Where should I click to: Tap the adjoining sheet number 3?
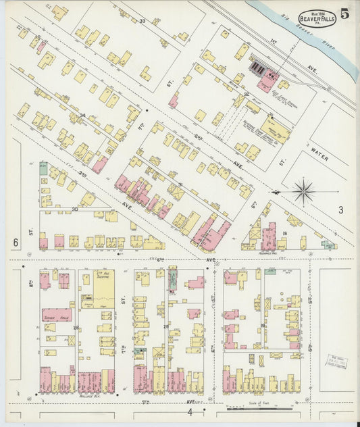(340, 210)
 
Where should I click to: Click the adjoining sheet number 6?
(14, 242)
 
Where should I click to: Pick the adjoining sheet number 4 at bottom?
(190, 411)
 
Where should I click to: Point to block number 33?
(142, 22)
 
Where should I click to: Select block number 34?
(82, 116)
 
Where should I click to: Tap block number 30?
(75, 209)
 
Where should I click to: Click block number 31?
(180, 184)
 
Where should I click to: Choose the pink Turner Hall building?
(57, 316)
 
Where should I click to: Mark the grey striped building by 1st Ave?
(258, 67)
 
